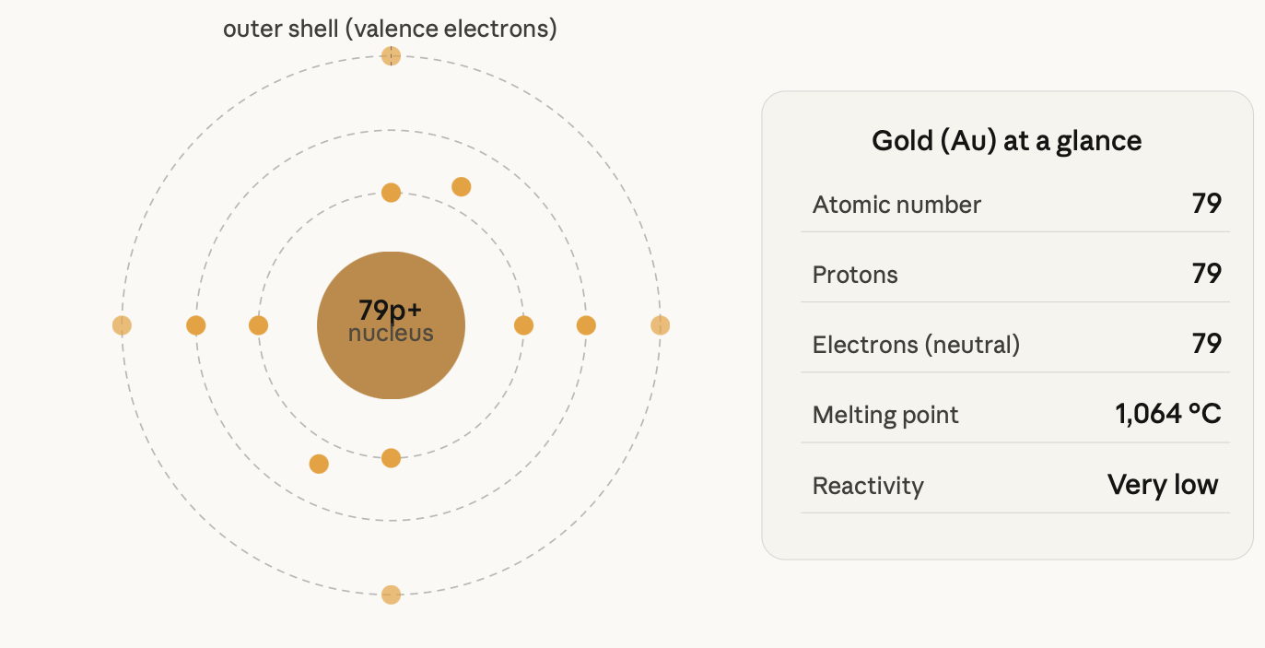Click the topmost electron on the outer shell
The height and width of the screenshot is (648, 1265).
[x=391, y=56]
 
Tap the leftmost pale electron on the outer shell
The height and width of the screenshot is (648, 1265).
[x=122, y=325]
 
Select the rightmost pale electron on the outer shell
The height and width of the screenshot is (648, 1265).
[x=661, y=325]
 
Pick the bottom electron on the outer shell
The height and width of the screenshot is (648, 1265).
[x=391, y=595]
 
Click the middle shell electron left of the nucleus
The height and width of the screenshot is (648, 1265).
[x=196, y=325]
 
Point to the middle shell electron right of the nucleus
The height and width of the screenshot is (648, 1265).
[x=586, y=325]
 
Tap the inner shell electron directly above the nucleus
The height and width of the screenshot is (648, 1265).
[x=391, y=193]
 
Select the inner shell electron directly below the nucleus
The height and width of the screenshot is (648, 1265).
[x=391, y=458]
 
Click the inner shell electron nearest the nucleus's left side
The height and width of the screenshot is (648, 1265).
[x=258, y=325]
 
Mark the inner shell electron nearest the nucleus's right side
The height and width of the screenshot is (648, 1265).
[x=523, y=325]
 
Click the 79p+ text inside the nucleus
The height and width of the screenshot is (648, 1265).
[x=391, y=310]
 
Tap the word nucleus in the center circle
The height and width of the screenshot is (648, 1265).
[x=391, y=334]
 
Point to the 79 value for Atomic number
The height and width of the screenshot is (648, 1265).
[x=1207, y=204]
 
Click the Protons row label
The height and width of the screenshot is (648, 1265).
[x=855, y=275]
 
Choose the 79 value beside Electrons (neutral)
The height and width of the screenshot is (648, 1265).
[x=1207, y=344]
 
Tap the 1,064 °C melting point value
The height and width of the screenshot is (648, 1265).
[x=1168, y=414]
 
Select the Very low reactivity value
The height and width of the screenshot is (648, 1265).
[x=1163, y=485]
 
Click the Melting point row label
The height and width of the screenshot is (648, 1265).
[x=884, y=415]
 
